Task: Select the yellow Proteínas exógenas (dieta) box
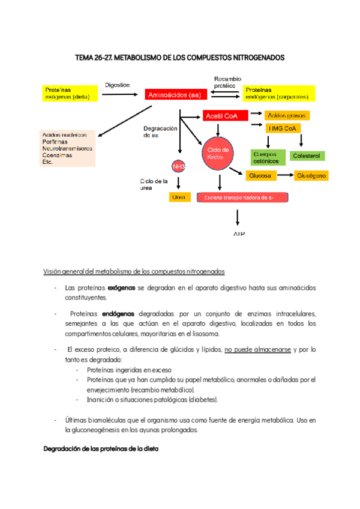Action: coord(70,93)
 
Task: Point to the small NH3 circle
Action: coord(179,166)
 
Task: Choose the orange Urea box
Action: coord(179,196)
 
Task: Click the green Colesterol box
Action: coord(308,156)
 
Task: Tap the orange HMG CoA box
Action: coord(284,128)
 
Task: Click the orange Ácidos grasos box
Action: coord(287,115)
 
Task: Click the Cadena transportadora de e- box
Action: coord(242,197)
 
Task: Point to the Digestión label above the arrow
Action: coord(118,85)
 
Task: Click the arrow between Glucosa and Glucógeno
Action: coord(286,176)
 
